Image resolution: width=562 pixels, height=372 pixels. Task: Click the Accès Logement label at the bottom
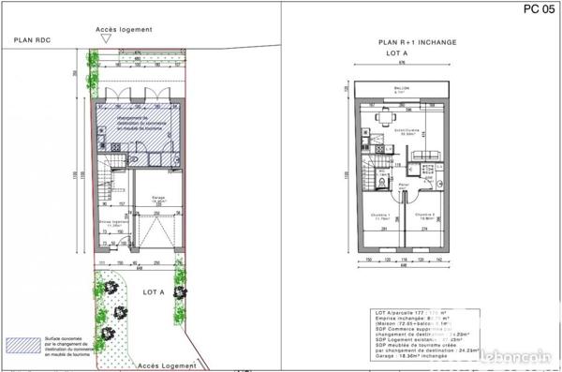tap(167, 365)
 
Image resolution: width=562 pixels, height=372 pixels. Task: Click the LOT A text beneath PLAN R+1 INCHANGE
tap(402, 54)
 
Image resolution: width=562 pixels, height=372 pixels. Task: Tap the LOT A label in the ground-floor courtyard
tap(153, 291)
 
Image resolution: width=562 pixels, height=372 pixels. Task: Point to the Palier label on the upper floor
tap(404, 186)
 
